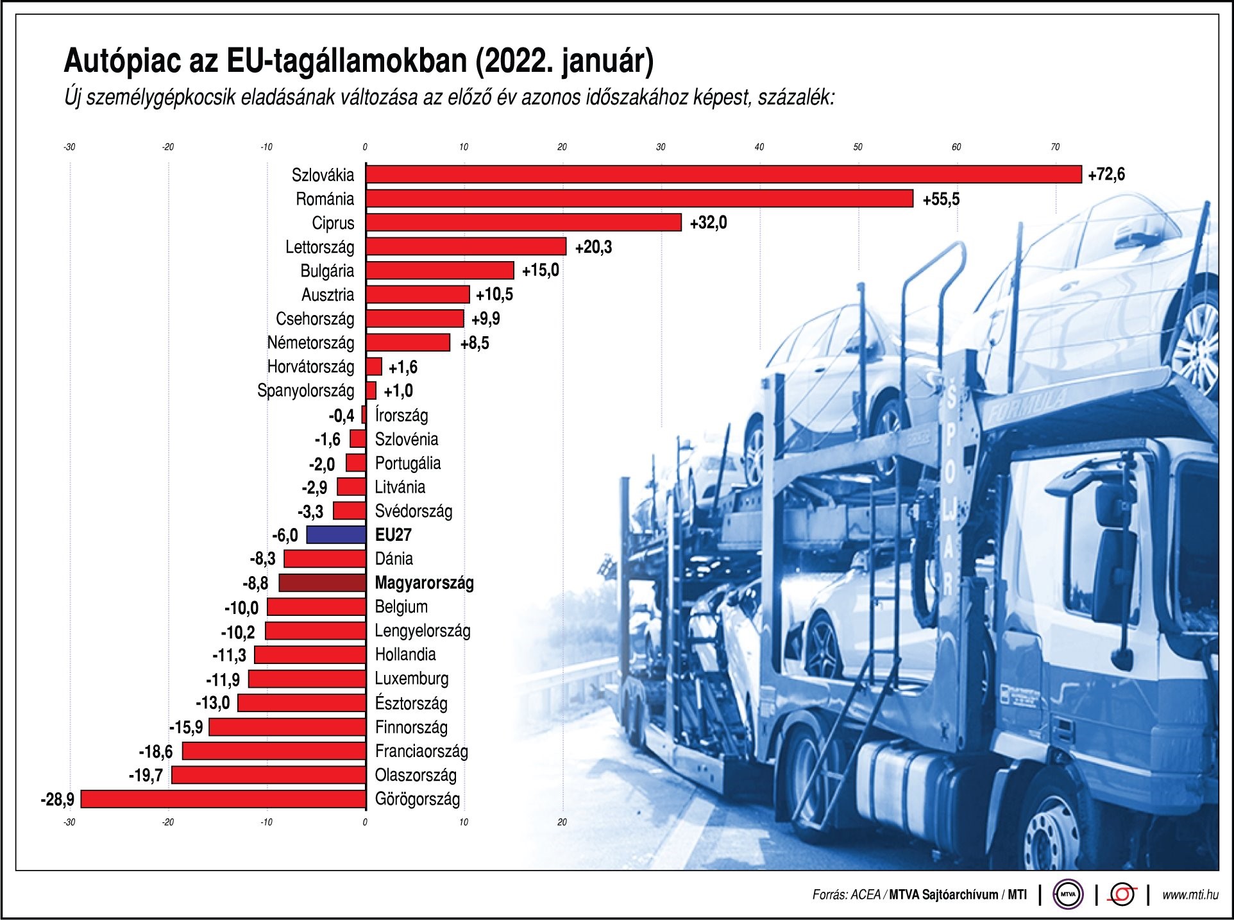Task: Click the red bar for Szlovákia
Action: (723, 175)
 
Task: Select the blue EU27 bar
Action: (336, 534)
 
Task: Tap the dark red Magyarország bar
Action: (322, 583)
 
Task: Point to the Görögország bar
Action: (223, 799)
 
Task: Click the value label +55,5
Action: (941, 200)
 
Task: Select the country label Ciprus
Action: (333, 223)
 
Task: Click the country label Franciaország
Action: (421, 751)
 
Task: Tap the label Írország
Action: (401, 415)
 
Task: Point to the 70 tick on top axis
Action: (1055, 148)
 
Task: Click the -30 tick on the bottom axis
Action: (69, 822)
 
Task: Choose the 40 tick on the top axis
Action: (759, 148)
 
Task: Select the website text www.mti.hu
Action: (1190, 894)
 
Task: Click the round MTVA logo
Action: (1068, 894)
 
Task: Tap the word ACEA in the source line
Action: (865, 894)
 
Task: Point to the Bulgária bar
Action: (440, 271)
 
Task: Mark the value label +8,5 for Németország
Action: (475, 343)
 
